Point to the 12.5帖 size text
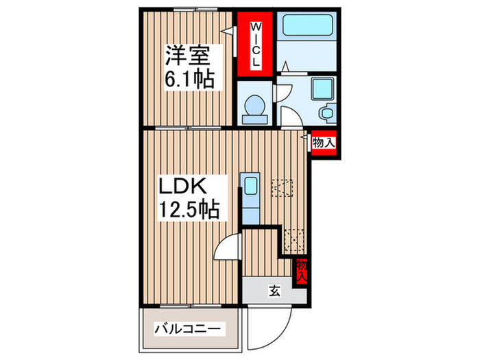[x=189, y=210]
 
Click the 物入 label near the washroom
[x=324, y=143]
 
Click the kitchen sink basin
[x=250, y=186]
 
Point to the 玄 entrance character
[x=274, y=291]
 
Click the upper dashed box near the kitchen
[x=282, y=187]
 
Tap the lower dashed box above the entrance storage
[x=293, y=238]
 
